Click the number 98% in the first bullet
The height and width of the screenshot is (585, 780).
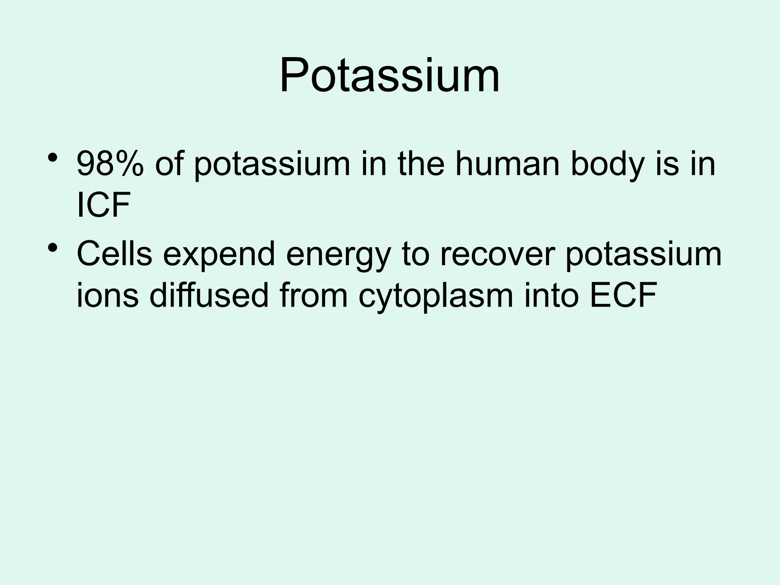tap(110, 165)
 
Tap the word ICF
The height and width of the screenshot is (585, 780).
tap(103, 206)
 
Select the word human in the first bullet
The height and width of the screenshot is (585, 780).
tap(507, 165)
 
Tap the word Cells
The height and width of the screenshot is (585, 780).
tap(114, 254)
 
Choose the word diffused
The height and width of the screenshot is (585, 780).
tap(209, 296)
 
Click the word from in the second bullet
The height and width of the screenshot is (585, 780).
tap(313, 296)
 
